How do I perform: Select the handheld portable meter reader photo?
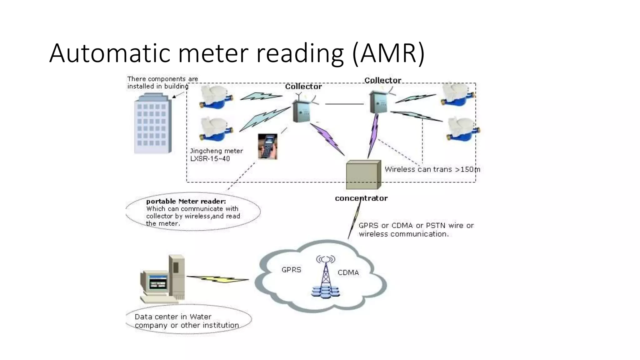[x=267, y=146]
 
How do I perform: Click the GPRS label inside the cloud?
[x=291, y=270]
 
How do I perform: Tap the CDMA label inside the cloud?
[x=348, y=272]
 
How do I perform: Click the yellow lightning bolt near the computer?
[x=218, y=279]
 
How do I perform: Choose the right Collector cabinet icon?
[x=378, y=102]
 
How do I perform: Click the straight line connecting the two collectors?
[x=344, y=104]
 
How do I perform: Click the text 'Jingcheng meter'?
[x=216, y=151]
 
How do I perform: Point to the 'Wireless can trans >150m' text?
[x=432, y=169]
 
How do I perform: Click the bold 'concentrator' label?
[x=361, y=198]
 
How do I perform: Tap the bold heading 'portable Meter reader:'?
[x=186, y=201]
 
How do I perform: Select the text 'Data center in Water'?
[x=173, y=317]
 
